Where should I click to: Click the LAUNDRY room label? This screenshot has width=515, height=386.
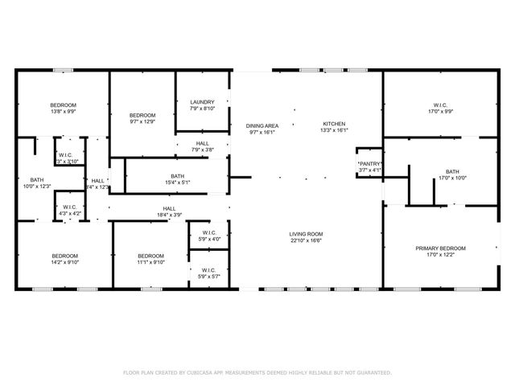point(202,102)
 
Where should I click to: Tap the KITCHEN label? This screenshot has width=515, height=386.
point(334,124)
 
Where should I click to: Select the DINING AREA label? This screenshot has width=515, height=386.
point(262,125)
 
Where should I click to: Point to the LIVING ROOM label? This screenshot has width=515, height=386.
point(306,234)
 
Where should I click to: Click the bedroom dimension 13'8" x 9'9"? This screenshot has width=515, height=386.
point(64,113)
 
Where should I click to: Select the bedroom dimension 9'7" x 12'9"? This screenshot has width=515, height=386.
point(142,122)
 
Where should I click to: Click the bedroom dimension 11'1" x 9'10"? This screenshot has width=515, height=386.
point(150,262)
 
